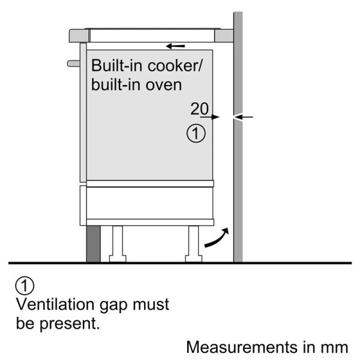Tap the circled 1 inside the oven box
click(x=196, y=133)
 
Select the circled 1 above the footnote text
click(x=23, y=285)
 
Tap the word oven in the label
click(x=164, y=84)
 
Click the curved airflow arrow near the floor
click(x=216, y=238)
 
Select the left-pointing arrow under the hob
click(x=176, y=46)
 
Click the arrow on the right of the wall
click(x=247, y=117)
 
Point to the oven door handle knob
click(x=73, y=62)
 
